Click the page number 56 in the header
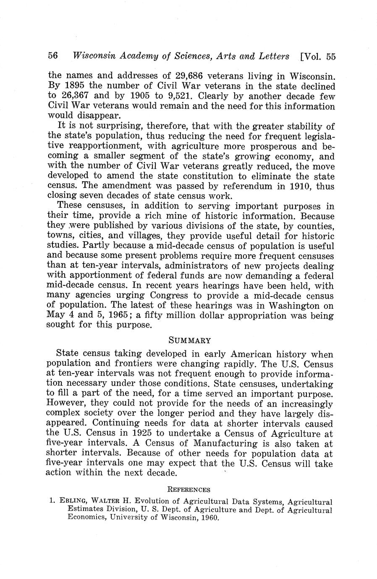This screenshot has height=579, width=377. click(53, 56)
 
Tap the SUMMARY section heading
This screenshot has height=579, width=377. click(189, 340)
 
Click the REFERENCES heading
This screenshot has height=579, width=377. click(189, 490)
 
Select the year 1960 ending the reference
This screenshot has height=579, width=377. click(209, 518)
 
